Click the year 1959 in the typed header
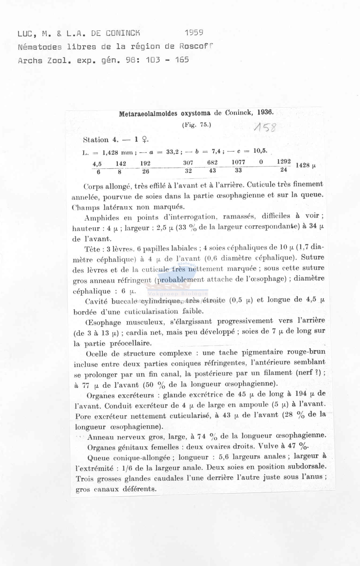pyautogui.click(x=194, y=33)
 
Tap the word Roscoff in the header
pyautogui.click(x=196, y=46)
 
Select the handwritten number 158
pyautogui.click(x=265, y=128)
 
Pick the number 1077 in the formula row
pyautogui.click(x=238, y=162)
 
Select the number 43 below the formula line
pyautogui.click(x=212, y=170)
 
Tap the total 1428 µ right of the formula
pyautogui.click(x=306, y=165)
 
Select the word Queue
pyautogui.click(x=98, y=458)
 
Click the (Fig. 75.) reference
pyautogui.click(x=197, y=125)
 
